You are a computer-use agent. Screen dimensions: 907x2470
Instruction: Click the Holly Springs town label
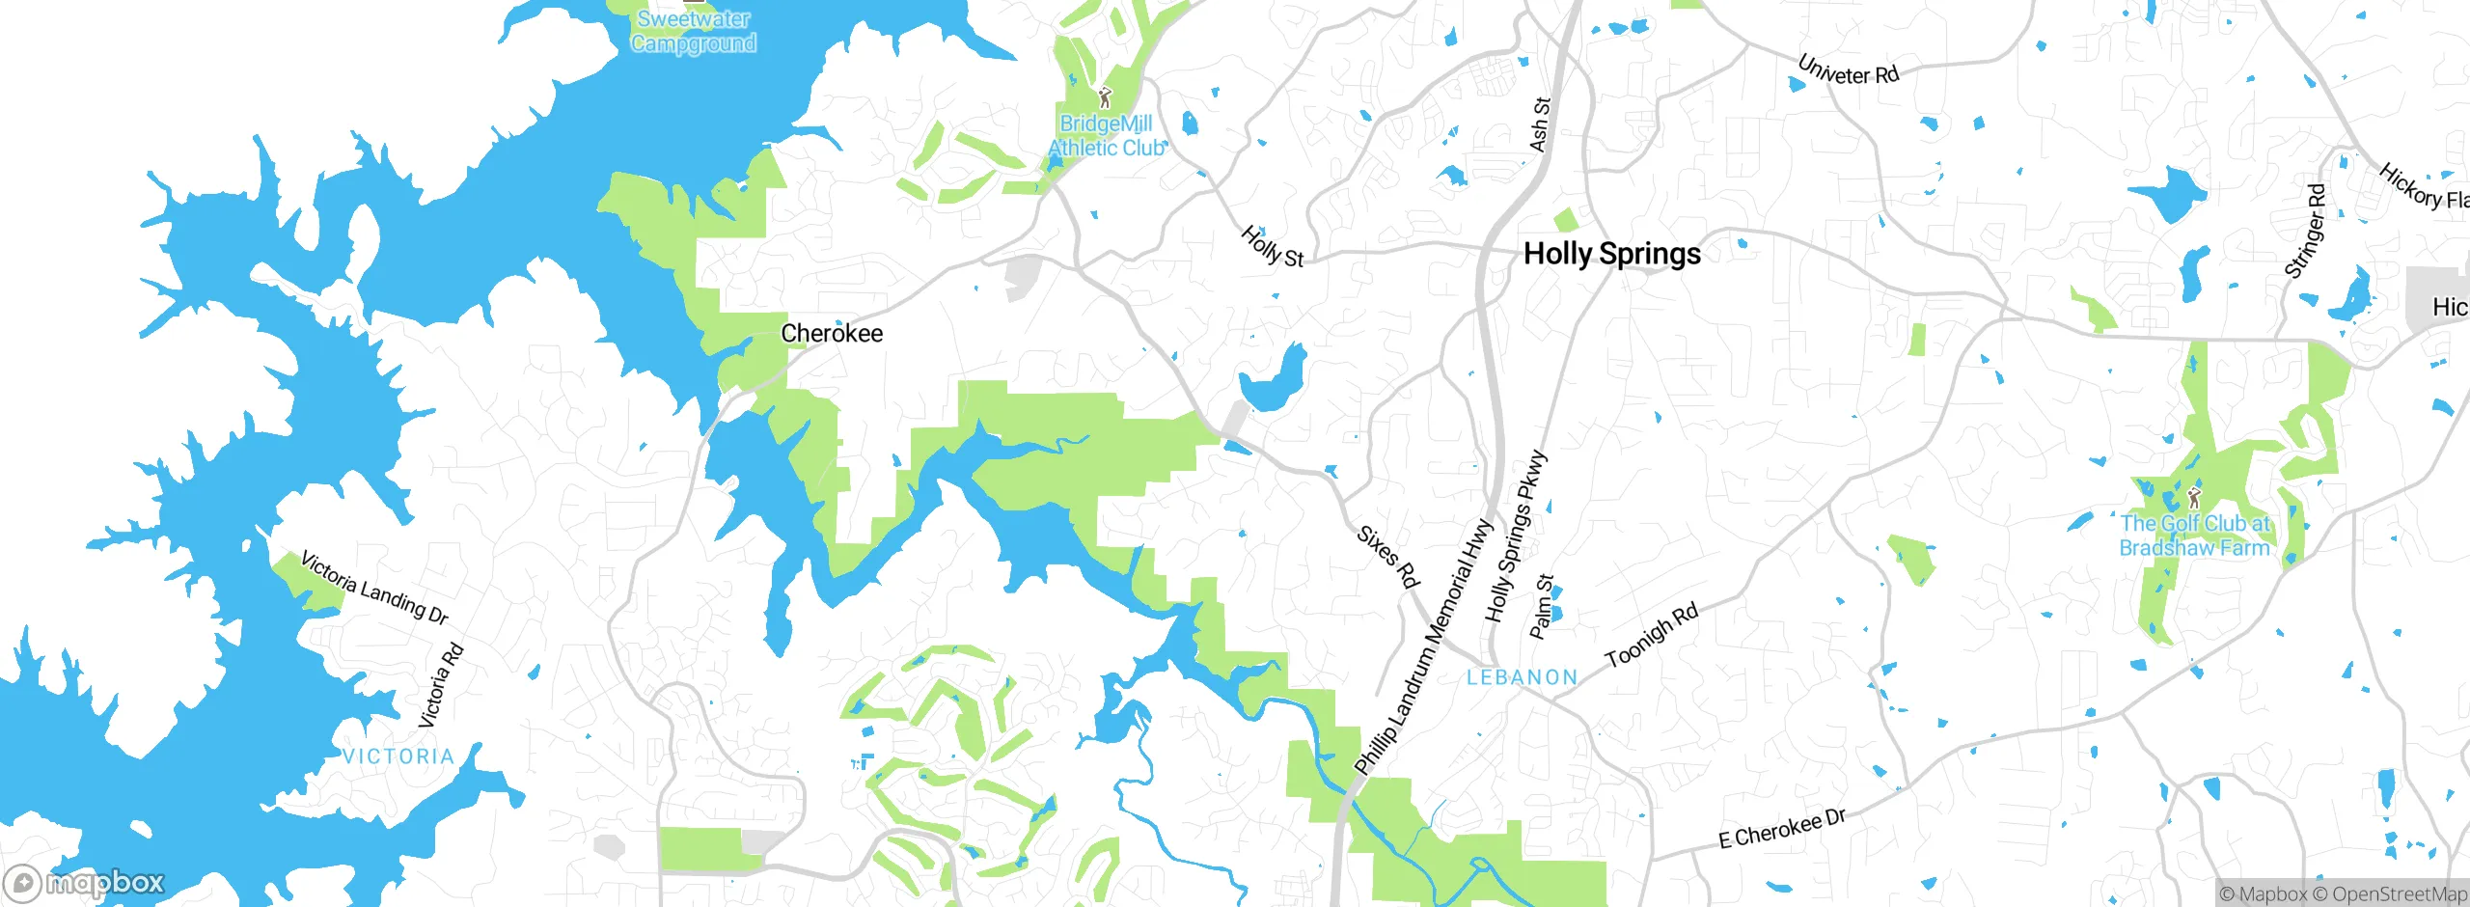(1611, 254)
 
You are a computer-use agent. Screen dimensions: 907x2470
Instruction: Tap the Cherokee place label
(832, 334)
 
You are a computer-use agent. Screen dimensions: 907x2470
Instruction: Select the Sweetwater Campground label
(694, 31)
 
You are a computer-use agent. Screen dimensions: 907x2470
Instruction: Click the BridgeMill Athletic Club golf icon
(1106, 97)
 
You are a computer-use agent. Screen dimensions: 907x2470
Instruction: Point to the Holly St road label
(1272, 246)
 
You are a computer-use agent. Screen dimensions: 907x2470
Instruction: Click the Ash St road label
(1540, 124)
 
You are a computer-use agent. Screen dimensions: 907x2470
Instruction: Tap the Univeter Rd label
(1848, 69)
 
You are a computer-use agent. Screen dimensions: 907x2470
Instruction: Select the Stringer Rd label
(2306, 232)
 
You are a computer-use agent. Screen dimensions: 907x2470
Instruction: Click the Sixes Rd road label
(1387, 557)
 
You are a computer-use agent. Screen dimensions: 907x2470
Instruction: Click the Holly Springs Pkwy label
(1515, 536)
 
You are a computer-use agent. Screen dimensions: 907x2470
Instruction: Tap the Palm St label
(1542, 607)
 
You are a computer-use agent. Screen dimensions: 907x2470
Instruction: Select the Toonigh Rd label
(1651, 637)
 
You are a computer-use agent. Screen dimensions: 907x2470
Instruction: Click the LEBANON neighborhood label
(1522, 677)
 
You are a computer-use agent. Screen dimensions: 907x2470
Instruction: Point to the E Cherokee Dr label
(1781, 829)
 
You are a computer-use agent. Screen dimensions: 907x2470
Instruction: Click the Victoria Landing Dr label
(374, 588)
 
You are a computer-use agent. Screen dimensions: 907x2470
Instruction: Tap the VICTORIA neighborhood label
(398, 756)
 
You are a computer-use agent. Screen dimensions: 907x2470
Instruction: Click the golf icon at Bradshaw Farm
(2194, 498)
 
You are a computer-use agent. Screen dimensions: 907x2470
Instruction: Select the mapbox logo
(85, 883)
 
